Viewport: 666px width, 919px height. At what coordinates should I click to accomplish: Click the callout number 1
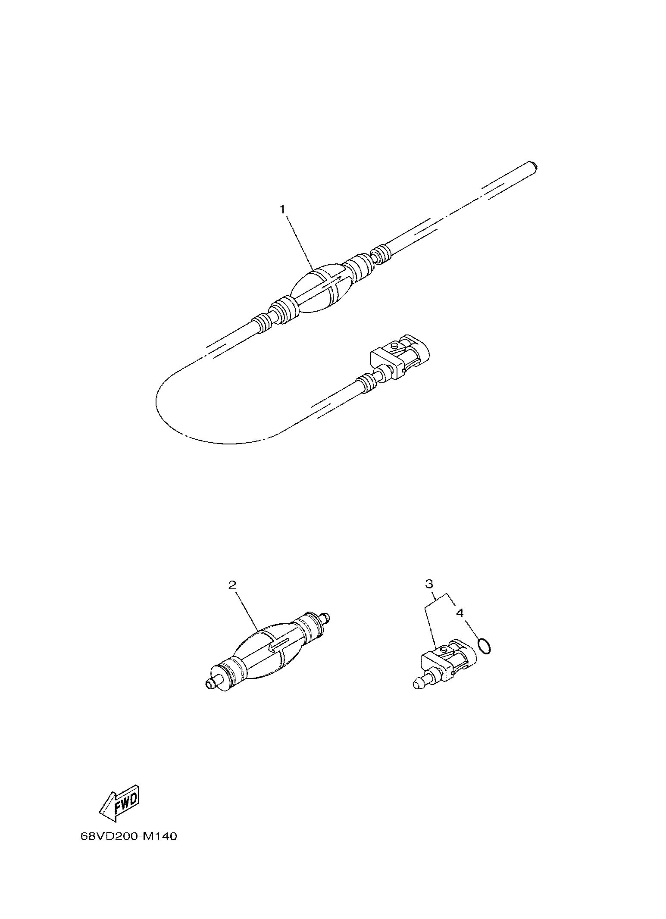pos(282,209)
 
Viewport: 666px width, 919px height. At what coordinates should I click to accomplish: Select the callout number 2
pos(232,585)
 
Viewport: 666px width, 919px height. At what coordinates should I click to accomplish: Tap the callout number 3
pos(429,584)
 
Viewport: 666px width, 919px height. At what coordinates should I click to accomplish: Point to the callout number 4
pos(460,613)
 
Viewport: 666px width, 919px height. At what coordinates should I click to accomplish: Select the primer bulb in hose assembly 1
pos(321,289)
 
